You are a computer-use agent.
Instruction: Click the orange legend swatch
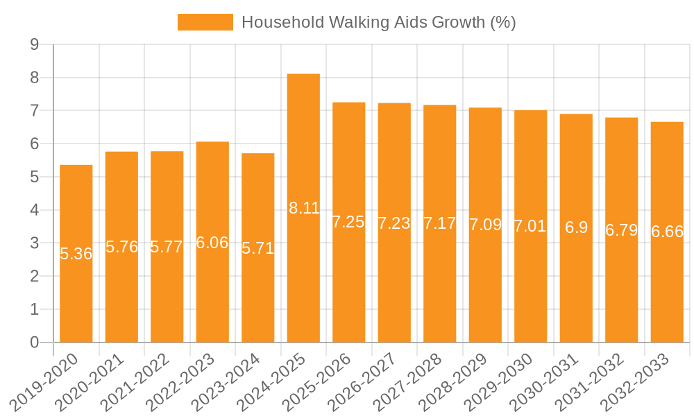(x=205, y=22)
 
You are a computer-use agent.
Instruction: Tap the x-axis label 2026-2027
(x=371, y=381)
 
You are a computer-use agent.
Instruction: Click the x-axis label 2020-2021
(x=99, y=381)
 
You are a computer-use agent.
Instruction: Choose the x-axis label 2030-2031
(x=553, y=381)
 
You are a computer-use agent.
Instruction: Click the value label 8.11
(x=304, y=207)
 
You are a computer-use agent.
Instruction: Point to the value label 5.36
(x=76, y=254)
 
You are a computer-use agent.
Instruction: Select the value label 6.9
(x=576, y=227)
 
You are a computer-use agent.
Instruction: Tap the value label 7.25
(x=348, y=222)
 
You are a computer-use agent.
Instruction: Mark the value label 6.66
(x=667, y=232)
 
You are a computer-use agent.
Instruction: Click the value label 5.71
(x=258, y=248)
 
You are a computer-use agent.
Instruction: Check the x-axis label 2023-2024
(x=235, y=381)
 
